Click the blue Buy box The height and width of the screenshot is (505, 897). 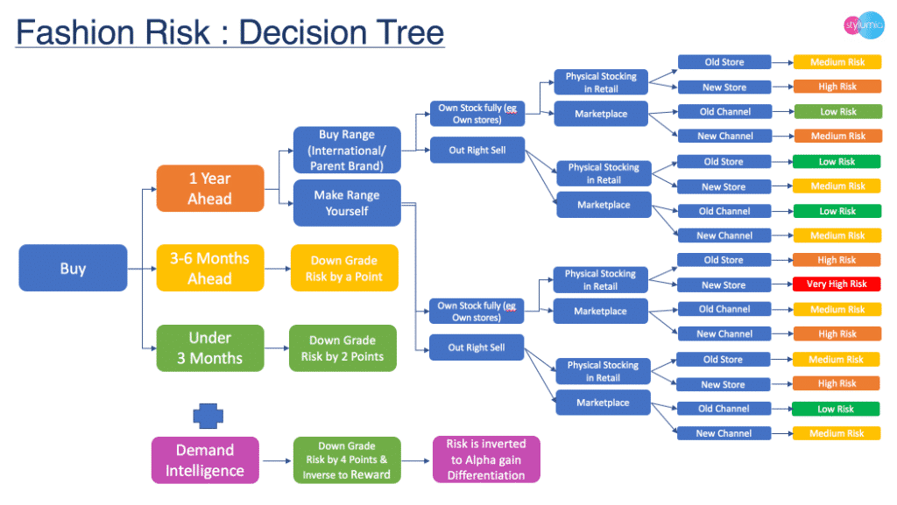pos(73,268)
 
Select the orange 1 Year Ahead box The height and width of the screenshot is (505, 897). pos(210,188)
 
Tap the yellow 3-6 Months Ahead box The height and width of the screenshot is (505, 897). pos(210,268)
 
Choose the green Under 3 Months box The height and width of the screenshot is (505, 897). pos(210,347)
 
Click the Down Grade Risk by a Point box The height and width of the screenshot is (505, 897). pos(344,268)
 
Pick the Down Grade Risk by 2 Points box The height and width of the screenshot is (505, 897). pos(344,347)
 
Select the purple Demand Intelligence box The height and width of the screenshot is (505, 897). pos(205,460)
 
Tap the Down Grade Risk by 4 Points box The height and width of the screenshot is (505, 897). pos(346,460)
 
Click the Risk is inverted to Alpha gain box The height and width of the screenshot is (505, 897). pos(486,460)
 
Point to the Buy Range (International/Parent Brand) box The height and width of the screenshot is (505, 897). pos(347,150)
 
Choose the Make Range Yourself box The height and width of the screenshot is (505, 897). pos(347,203)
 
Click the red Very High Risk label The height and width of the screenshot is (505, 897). pos(837,284)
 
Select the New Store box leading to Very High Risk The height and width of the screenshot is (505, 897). pos(724,284)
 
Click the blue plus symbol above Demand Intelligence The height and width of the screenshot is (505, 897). pos(208,414)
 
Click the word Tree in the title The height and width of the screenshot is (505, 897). pos(406,33)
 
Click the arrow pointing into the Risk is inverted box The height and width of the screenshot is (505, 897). pos(416,460)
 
